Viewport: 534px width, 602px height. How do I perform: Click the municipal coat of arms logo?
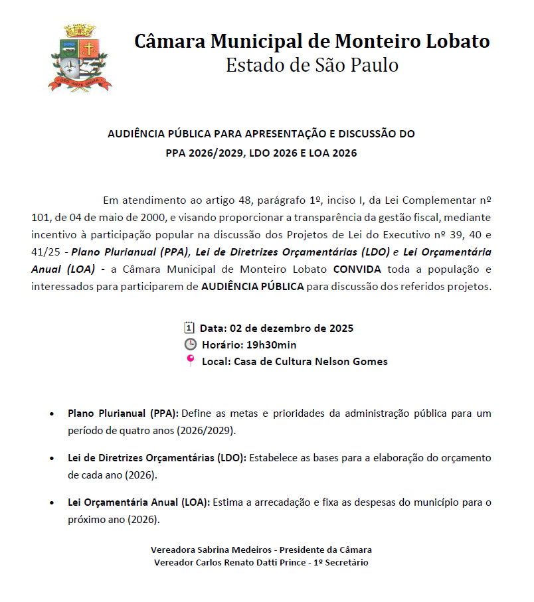80,57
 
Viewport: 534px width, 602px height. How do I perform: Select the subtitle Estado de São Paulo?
311,66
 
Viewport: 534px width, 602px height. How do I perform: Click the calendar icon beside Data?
189,327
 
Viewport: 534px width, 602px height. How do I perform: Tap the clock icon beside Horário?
190,344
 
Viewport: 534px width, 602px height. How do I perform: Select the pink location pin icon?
191,360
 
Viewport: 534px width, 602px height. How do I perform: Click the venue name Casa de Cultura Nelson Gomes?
311,362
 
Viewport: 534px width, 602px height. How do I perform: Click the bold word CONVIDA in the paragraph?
357,269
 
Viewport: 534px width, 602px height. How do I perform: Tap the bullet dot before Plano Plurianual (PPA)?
52,414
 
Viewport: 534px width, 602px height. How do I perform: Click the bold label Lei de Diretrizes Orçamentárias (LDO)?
157,458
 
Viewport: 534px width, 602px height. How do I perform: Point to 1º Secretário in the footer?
341,562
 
